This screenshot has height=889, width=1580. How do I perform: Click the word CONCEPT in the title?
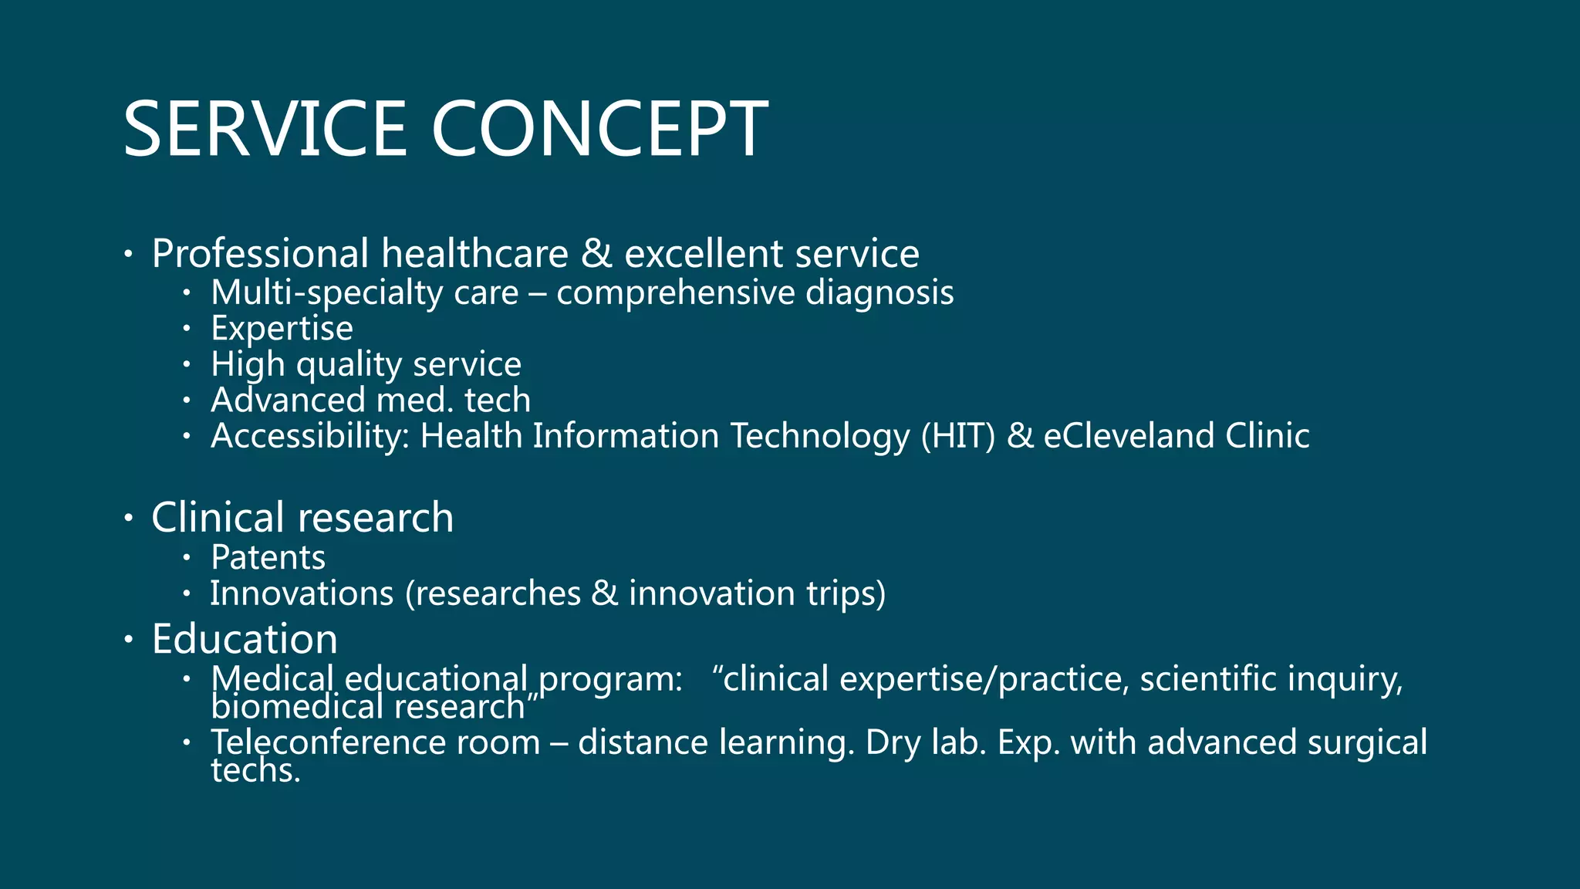[x=599, y=129]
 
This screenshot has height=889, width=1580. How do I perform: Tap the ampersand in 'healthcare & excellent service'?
[x=596, y=254]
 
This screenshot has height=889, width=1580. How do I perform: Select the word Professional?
[x=260, y=254]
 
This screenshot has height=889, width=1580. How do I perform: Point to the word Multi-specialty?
[x=326, y=293]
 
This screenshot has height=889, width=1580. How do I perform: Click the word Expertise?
[x=282, y=329]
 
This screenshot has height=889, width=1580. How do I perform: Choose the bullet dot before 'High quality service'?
[x=186, y=364]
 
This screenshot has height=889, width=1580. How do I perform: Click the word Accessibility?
[x=310, y=436]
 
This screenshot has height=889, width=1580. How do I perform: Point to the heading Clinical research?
[x=302, y=517]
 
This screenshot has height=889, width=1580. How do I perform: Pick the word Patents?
[x=268, y=558]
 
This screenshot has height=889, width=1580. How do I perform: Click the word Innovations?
[x=302, y=593]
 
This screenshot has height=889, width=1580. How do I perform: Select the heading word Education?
[x=245, y=639]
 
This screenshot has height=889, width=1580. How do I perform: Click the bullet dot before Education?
[x=129, y=639]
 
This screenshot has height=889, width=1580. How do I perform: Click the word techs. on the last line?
[x=255, y=770]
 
